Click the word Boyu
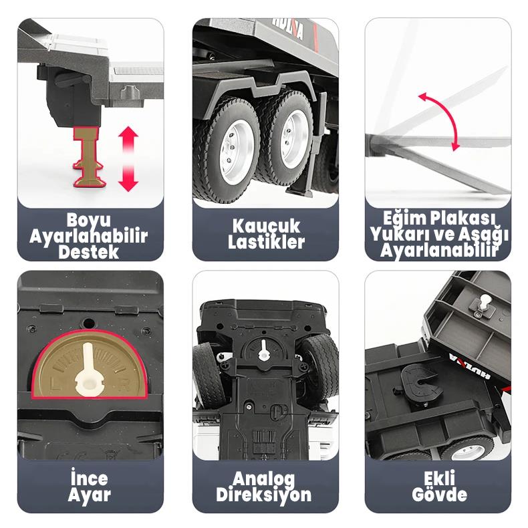89,221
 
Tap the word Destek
89,252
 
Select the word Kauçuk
266,227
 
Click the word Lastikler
266,242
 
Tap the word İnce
90,478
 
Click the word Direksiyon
263,495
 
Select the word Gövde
439,495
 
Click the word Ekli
439,478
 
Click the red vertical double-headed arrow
128,158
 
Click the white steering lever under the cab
263,351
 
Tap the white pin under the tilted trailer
484,302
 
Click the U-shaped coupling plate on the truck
422,385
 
